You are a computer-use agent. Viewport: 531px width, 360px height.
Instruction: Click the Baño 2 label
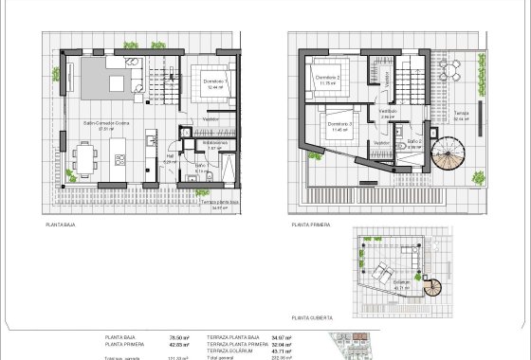(413, 141)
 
